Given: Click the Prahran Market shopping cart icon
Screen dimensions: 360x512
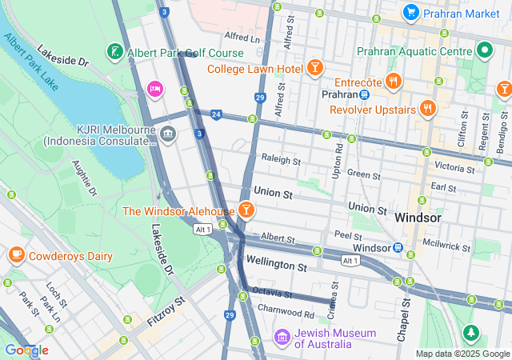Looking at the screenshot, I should coord(411,12).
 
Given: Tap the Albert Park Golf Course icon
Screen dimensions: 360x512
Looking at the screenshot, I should coord(115,53).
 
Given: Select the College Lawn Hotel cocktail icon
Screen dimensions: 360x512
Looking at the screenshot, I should coord(315,68).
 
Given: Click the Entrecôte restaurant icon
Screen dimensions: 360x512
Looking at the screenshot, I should coord(393,81).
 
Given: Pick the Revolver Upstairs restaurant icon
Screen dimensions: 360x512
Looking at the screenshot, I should coord(428,108).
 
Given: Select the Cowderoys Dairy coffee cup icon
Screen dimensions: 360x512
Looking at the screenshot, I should coord(16,256).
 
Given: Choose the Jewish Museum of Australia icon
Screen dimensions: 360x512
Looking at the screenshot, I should coord(282,338).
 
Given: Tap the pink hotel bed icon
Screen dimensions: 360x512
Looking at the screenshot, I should coord(155,87).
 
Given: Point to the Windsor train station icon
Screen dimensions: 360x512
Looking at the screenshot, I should coord(398,248).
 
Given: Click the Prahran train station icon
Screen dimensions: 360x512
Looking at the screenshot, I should coord(364,94).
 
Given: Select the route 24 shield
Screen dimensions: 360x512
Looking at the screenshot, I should coord(216,114).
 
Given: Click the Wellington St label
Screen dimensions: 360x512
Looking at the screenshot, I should coord(276,263).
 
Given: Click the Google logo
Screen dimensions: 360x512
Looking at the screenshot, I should coord(26,350).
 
